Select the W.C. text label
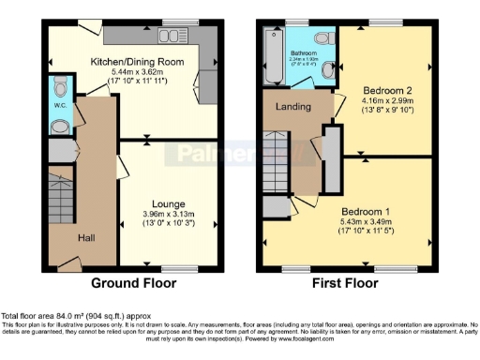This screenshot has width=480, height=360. point(59,105)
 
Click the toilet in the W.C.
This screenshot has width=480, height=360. point(61,90)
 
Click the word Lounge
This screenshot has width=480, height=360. point(168,203)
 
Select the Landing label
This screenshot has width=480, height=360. point(292,106)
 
